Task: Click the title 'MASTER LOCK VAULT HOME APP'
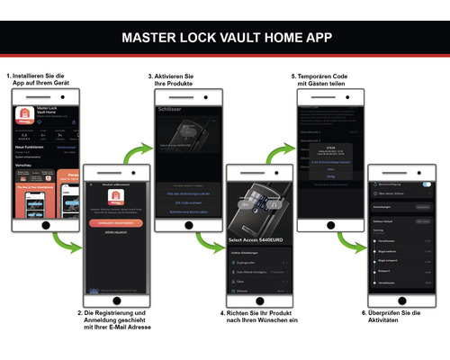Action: (225, 38)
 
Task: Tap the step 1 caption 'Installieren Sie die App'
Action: (37, 80)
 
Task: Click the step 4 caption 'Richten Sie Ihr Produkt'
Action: (258, 318)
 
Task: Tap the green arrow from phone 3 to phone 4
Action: (213, 241)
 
